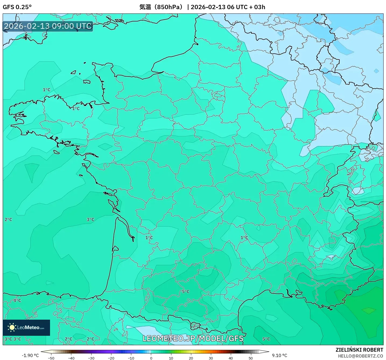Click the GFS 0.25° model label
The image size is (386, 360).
(x=17, y=7)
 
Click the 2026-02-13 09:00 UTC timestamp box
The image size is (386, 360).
(x=48, y=26)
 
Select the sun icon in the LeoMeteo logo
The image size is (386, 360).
(x=12, y=327)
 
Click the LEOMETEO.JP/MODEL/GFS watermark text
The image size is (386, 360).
(x=193, y=338)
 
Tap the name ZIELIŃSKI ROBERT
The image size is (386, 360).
(x=359, y=350)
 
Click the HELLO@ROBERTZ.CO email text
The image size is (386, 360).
(x=360, y=356)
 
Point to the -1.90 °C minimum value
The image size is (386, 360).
(x=30, y=355)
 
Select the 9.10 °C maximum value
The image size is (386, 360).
(x=279, y=355)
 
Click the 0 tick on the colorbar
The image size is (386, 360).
(x=151, y=358)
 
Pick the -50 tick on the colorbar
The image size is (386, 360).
(x=51, y=358)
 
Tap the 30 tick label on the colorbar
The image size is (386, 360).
(x=211, y=358)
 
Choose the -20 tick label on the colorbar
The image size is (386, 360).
(x=111, y=358)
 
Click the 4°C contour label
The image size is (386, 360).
(x=17, y=300)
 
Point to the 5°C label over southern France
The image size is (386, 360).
(x=186, y=291)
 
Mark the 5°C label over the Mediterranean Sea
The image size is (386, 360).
(x=266, y=339)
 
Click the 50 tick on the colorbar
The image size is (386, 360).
(x=250, y=358)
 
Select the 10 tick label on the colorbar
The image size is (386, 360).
(x=171, y=358)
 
